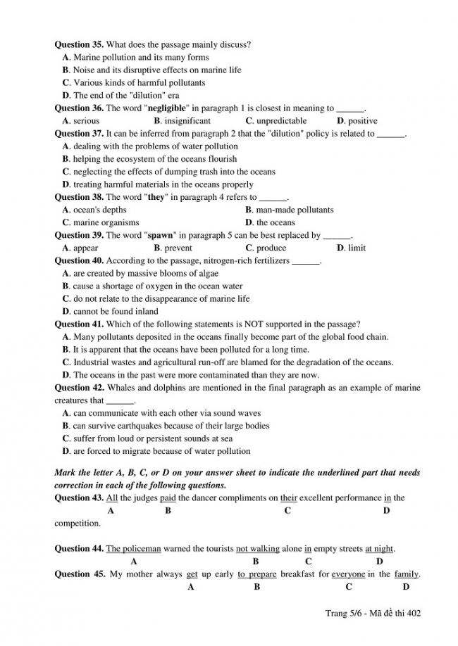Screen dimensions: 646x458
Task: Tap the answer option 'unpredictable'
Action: coord(280,121)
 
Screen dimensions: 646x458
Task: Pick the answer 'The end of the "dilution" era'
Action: coord(125,96)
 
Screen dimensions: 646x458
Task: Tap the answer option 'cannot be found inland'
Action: coord(115,311)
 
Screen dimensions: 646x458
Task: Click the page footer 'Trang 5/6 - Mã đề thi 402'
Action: coord(373,613)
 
